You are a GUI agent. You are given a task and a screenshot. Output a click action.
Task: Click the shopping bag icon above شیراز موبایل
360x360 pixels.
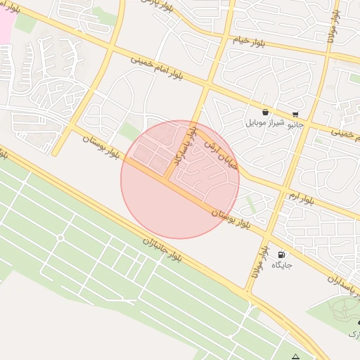tap(265, 112)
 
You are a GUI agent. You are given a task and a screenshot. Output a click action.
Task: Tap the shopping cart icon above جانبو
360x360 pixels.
tap(295, 114)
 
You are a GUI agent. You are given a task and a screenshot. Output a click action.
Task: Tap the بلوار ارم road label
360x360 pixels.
tap(300, 196)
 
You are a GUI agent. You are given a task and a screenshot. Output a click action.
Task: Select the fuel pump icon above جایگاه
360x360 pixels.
tap(281, 255)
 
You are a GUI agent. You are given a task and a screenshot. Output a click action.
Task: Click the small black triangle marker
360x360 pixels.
tap(296, 356)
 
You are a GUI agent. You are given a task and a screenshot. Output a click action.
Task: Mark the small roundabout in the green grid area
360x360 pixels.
tap(60, 238)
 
